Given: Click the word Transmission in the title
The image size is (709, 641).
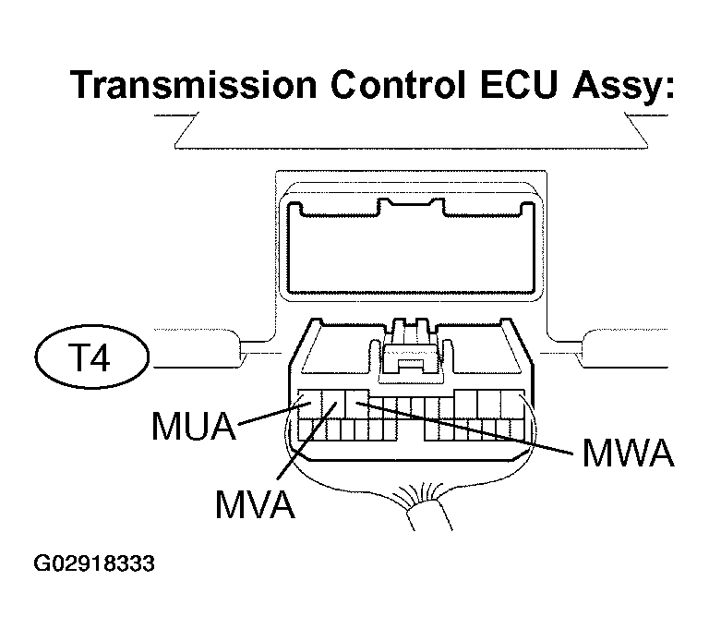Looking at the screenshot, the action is coord(194,85).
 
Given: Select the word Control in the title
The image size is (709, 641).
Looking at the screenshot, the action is coord(399,85).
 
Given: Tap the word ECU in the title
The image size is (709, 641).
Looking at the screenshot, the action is coord(519,85).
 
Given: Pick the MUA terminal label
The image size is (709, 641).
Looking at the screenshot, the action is coord(194,426).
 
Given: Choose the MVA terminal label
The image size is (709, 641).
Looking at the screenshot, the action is coord(256,504).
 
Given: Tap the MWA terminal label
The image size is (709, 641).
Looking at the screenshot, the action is coord(629,453).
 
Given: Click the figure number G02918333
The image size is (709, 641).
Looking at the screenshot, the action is coord(94,563).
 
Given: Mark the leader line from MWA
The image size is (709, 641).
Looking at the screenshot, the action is coord(464,428).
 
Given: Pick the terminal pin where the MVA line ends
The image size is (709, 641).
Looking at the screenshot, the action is coord(333,404).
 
